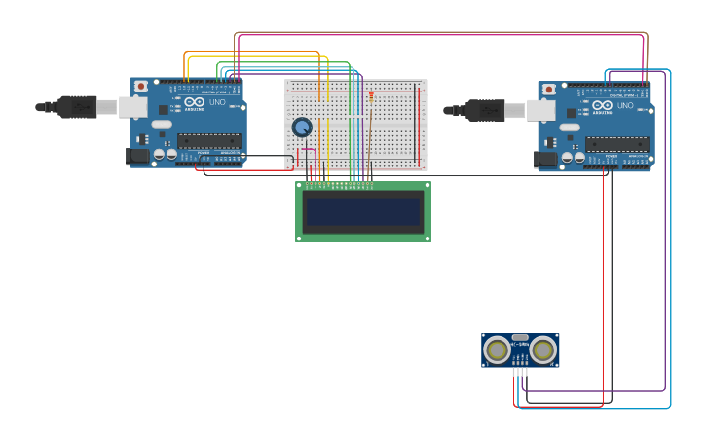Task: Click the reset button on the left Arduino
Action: tap(141, 86)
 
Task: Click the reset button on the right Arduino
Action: tap(549, 90)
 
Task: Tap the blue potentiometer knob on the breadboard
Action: tap(302, 127)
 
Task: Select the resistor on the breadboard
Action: tap(371, 95)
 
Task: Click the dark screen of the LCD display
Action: tap(363, 211)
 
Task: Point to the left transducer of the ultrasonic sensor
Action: tap(497, 349)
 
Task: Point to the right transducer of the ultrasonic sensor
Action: tap(542, 349)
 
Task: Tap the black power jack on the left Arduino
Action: tap(138, 155)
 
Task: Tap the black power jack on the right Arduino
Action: tap(546, 159)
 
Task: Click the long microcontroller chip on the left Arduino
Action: tap(208, 140)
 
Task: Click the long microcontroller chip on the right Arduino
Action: tap(616, 144)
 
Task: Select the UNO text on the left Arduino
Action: tap(217, 102)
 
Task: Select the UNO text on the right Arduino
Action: tap(625, 106)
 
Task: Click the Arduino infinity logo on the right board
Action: tap(603, 105)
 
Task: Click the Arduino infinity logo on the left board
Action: tap(195, 101)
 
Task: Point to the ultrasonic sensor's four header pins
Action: tap(520, 371)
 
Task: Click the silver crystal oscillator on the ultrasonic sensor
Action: tap(520, 337)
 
